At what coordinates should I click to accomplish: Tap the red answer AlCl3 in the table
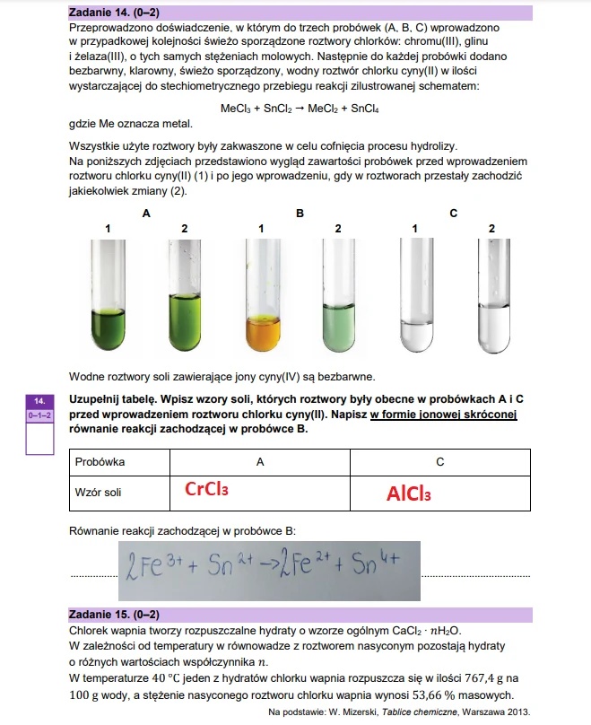click(409, 494)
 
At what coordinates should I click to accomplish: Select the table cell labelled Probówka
click(100, 461)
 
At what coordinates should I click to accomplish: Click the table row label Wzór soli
click(100, 491)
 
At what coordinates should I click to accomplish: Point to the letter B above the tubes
click(300, 214)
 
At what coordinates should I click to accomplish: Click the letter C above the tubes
click(453, 214)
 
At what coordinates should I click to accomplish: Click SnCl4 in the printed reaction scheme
click(380, 108)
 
